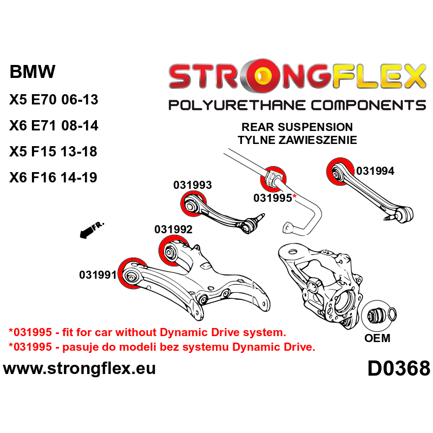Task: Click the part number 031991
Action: pos(97,274)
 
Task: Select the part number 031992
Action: pos(173,229)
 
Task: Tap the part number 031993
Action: pos(192,185)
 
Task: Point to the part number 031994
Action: pos(375,171)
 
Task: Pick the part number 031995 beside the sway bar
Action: pos(273,198)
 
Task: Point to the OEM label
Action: pos(377,338)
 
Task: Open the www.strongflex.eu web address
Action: pos(80,369)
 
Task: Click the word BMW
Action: pos(32,72)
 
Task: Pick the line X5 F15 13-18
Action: pos(53,152)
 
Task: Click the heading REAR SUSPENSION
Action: pos(297,127)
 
